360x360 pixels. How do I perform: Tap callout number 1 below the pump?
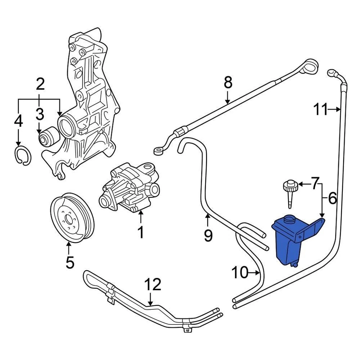(140, 232)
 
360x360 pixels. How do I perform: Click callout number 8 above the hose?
(228, 82)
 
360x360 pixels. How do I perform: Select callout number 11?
(321, 110)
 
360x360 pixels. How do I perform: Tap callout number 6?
(332, 198)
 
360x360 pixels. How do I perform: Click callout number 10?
(240, 273)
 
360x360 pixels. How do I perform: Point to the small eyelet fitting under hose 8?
(159, 151)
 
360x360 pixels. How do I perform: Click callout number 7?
(315, 183)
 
